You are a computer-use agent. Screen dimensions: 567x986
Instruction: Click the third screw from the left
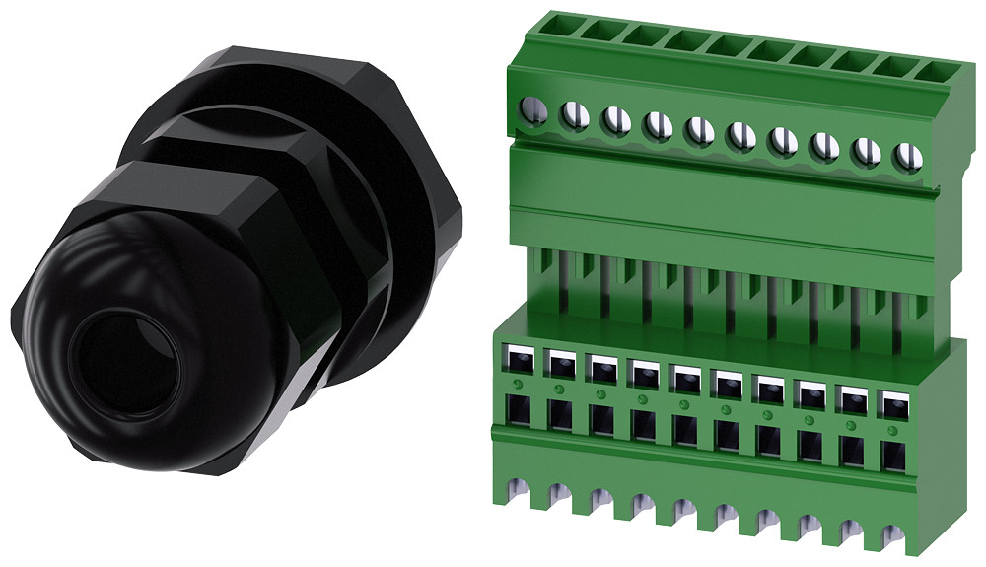(x=615, y=120)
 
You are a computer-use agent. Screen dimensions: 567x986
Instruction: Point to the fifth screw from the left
(x=699, y=130)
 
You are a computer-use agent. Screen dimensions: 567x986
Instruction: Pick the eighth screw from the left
(x=824, y=146)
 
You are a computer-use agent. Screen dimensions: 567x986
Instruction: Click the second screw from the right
(x=866, y=151)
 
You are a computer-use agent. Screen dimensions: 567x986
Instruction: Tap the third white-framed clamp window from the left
(x=600, y=367)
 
